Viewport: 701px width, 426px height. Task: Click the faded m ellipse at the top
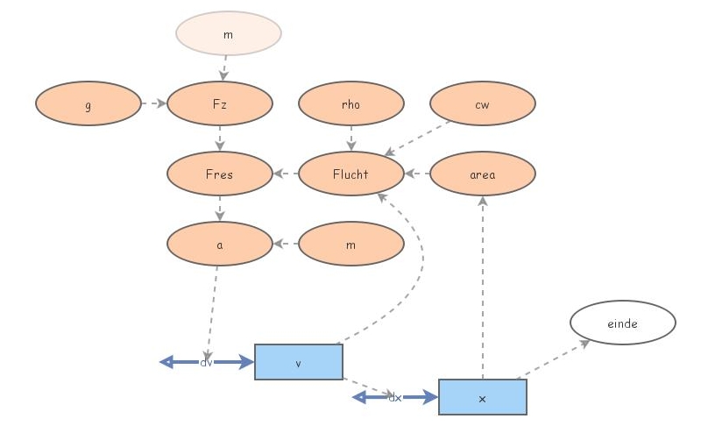229,33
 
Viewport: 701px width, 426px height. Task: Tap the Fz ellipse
220,103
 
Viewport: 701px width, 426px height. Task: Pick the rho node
351,103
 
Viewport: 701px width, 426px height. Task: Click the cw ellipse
483,103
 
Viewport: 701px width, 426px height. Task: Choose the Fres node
220,174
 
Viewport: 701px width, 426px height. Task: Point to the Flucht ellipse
351,174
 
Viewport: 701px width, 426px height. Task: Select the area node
483,174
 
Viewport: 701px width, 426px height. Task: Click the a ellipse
220,244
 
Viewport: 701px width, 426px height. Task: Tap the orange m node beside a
351,244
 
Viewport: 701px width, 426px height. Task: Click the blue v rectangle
299,362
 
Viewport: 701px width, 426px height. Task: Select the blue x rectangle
483,397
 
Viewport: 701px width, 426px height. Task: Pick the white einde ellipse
623,323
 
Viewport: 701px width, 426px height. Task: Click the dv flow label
207,362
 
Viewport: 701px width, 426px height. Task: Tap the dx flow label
395,397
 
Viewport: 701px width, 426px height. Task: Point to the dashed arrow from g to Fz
154,103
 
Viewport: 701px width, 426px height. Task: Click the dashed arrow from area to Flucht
417,174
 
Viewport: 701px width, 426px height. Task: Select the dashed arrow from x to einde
554,360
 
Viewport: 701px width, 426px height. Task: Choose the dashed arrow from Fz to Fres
220,138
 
